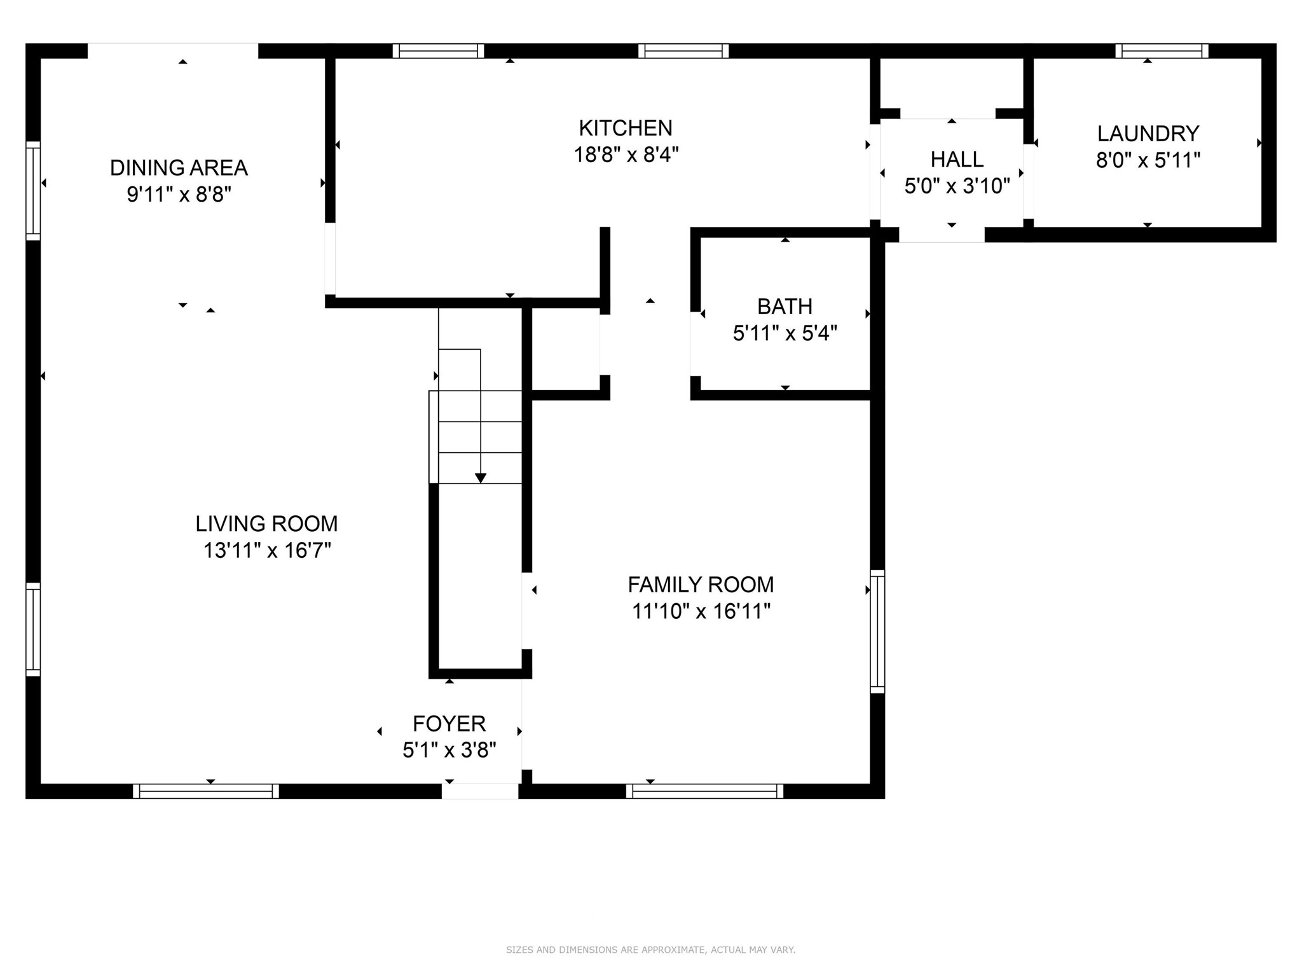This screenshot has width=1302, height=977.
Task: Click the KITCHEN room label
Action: [626, 128]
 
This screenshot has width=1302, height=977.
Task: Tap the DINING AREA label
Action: [179, 168]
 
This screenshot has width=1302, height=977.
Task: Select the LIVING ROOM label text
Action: [266, 524]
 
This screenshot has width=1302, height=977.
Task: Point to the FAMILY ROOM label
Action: [701, 585]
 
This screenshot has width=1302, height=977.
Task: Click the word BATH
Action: [785, 307]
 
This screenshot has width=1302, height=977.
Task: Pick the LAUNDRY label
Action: [1148, 134]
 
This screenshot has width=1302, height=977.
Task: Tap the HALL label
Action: [957, 159]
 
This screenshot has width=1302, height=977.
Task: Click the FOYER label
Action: [449, 724]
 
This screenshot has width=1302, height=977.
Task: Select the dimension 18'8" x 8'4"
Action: [626, 155]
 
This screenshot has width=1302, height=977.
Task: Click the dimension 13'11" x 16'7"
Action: [267, 550]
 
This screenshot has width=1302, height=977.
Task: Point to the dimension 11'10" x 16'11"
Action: [701, 611]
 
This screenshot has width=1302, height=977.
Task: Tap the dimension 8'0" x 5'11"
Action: [1148, 160]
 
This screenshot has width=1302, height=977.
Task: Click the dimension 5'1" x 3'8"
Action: [449, 751]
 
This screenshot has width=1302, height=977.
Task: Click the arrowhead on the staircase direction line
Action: [481, 478]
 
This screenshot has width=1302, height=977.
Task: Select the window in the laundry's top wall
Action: [1162, 51]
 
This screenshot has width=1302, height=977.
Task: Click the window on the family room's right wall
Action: [877, 632]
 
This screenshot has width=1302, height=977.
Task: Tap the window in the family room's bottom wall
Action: [704, 791]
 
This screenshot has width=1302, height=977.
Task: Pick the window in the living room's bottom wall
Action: [206, 791]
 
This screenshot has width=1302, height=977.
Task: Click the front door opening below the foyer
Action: [481, 791]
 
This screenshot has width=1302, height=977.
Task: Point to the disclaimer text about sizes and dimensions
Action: [650, 950]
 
